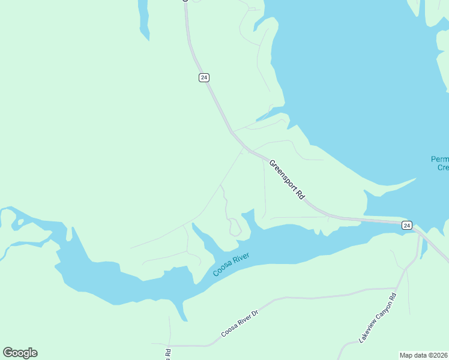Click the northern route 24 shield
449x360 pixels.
pos(204,77)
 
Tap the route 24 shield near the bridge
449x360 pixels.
pos(407,225)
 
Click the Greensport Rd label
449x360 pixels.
pos(288,179)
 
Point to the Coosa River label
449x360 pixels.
pos(231,265)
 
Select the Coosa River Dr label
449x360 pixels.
pos(240,324)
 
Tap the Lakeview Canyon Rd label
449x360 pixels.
pos(378,317)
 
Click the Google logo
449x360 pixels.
pos(20,353)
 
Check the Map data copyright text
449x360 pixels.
pos(423,355)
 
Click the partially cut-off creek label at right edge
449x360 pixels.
pos(439,163)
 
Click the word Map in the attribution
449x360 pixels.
pos(407,355)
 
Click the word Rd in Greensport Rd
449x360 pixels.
pos(302,194)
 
